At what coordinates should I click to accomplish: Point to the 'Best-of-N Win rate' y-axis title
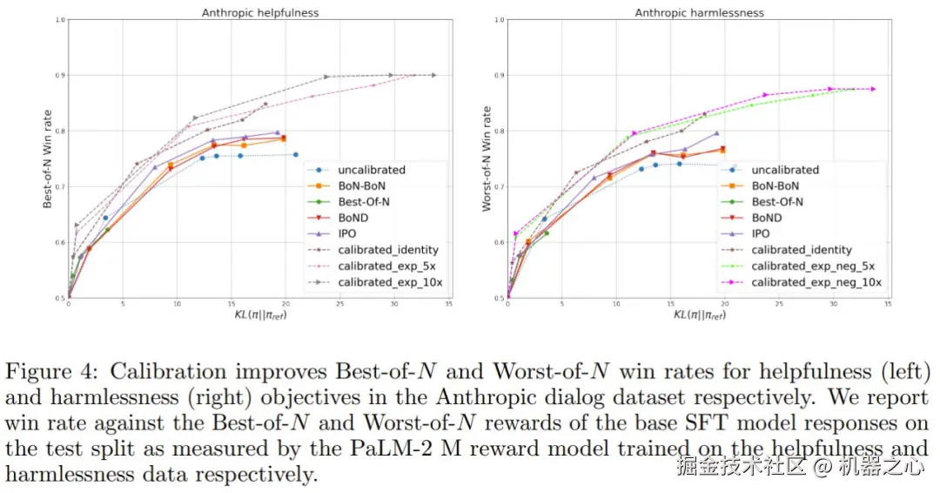point(49,158)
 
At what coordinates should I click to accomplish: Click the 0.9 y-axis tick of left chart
point(60,76)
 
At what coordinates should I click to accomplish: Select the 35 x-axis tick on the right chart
point(887,305)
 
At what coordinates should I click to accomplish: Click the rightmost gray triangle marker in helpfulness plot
point(433,75)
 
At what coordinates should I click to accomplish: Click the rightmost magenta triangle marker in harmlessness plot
point(873,89)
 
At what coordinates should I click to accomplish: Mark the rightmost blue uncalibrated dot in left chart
point(296,155)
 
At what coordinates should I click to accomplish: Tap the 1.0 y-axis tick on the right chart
point(498,19)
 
